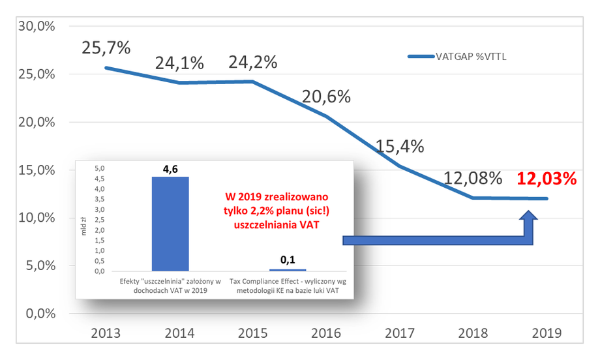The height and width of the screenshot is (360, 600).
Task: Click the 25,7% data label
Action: [x=106, y=48]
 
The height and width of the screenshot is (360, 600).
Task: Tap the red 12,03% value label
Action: [x=547, y=179]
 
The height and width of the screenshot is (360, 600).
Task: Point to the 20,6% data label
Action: [x=326, y=97]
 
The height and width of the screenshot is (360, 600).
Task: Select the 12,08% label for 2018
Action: [x=473, y=178]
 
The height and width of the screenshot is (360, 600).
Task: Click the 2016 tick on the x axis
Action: [x=326, y=333]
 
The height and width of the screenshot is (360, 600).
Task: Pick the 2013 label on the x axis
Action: [x=106, y=333]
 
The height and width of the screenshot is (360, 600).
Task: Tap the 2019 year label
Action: [x=547, y=333]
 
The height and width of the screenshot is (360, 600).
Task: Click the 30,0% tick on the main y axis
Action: [x=37, y=26]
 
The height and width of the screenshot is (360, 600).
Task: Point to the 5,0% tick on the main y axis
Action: [x=40, y=265]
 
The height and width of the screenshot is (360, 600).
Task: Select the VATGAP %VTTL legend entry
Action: [x=457, y=57]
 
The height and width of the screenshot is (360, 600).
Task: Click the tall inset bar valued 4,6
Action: [x=170, y=224]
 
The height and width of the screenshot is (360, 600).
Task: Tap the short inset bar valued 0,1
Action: [x=288, y=270]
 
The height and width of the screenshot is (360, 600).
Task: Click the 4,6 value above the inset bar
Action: [x=170, y=169]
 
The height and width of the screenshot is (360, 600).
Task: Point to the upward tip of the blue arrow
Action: [x=529, y=211]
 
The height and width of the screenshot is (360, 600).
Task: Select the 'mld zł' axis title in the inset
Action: [x=83, y=226]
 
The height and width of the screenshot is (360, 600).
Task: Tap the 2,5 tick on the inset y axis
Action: [x=100, y=220]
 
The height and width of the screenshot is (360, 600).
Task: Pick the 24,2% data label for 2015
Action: [x=253, y=62]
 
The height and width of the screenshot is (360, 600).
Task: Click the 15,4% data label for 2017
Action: [x=400, y=146]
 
